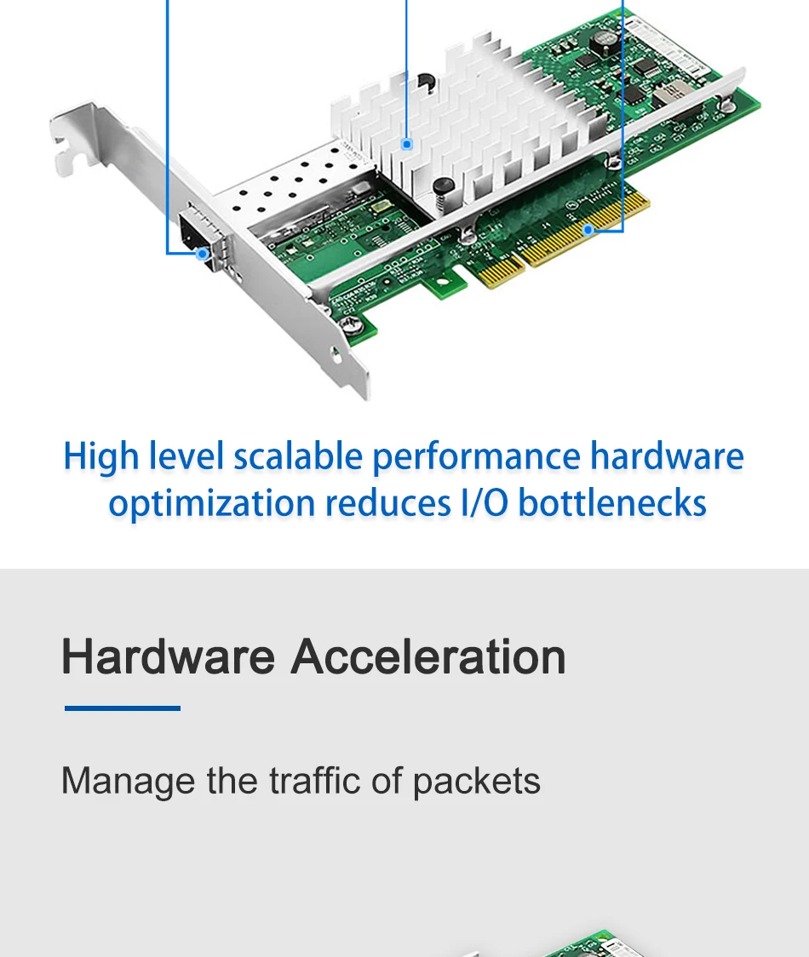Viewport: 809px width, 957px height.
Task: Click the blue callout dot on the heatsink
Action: [407, 145]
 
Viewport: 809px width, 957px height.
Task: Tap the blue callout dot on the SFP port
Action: [202, 254]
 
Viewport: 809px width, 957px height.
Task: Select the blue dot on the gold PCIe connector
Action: [588, 230]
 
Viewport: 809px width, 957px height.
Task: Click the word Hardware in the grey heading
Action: [168, 656]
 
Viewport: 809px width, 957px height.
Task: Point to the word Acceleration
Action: [428, 656]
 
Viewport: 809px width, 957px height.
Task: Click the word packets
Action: [476, 782]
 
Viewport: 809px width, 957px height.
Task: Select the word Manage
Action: [129, 782]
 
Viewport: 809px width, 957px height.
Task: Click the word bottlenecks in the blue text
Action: [611, 503]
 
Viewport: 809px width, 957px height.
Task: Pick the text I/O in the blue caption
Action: [484, 503]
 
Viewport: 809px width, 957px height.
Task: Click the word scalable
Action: [299, 456]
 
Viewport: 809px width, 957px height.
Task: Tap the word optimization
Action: [212, 505]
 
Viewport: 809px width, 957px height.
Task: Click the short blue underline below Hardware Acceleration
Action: [123, 708]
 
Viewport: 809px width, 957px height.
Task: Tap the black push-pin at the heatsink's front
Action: [444, 186]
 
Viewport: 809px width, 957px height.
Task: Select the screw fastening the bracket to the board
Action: [353, 326]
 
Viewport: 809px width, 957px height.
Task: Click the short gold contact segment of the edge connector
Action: [500, 271]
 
